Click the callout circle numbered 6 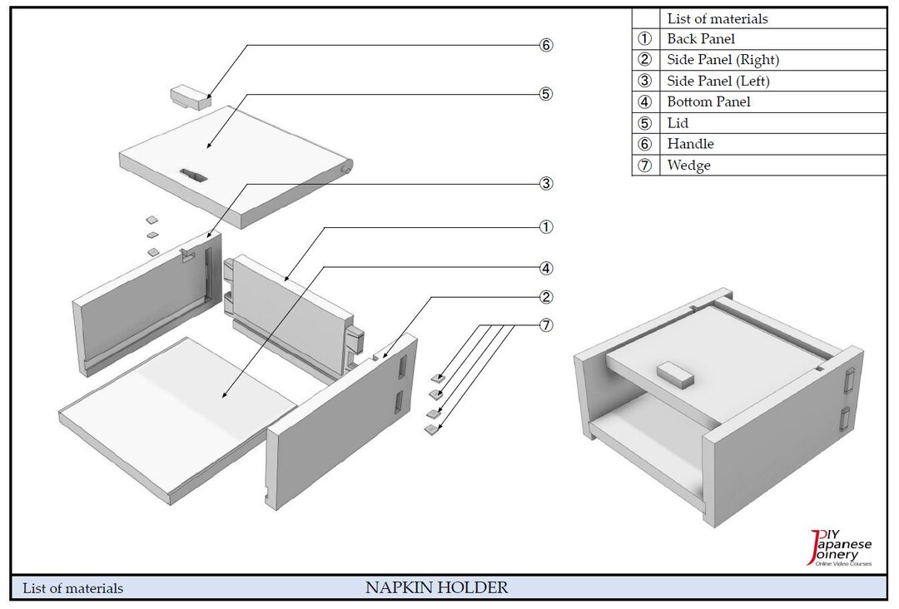pyautogui.click(x=545, y=45)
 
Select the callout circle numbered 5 pyautogui.click(x=545, y=94)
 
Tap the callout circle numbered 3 pyautogui.click(x=545, y=183)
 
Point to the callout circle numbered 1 pyautogui.click(x=545, y=227)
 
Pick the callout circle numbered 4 pyautogui.click(x=545, y=269)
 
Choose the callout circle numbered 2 pyautogui.click(x=545, y=297)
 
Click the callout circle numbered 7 pyautogui.click(x=545, y=325)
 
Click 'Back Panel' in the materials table pyautogui.click(x=701, y=39)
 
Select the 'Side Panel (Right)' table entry pyautogui.click(x=723, y=60)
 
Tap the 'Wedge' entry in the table pyautogui.click(x=688, y=166)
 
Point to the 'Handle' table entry pyautogui.click(x=690, y=144)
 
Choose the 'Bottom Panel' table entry pyautogui.click(x=708, y=101)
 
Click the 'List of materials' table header pyautogui.click(x=717, y=18)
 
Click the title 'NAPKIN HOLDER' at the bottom pyautogui.click(x=436, y=588)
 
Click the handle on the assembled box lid pyautogui.click(x=677, y=375)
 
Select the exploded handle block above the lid pyautogui.click(x=190, y=97)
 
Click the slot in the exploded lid pyautogui.click(x=193, y=174)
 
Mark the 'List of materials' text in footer pyautogui.click(x=73, y=589)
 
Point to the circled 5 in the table pyautogui.click(x=644, y=123)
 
